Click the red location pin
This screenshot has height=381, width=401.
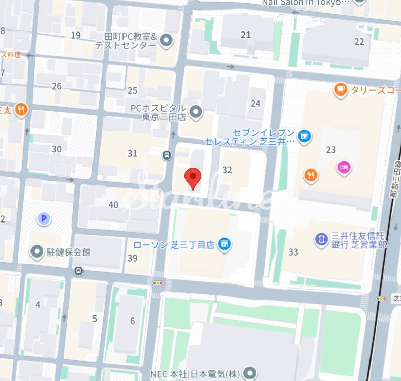(x=193, y=178)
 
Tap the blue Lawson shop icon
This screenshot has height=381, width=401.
(x=224, y=245)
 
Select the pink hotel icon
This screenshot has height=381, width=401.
(x=344, y=167)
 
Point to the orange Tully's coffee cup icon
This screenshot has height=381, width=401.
(x=341, y=90)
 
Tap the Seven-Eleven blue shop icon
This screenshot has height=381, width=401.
(x=304, y=136)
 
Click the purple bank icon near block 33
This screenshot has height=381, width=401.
(x=321, y=238)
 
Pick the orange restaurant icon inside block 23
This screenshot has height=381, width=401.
(x=311, y=176)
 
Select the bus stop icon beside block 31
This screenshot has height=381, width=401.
(x=167, y=155)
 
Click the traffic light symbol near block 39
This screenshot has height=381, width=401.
(x=158, y=282)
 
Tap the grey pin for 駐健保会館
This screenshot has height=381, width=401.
(x=37, y=251)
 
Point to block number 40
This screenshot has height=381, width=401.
(x=113, y=205)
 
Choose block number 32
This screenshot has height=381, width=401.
(x=227, y=170)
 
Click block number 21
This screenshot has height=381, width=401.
(x=246, y=35)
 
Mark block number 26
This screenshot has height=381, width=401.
(x=57, y=86)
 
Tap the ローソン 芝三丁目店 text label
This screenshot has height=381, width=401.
(x=174, y=245)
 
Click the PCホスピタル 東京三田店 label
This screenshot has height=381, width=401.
(x=158, y=112)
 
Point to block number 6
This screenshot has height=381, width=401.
(x=133, y=321)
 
